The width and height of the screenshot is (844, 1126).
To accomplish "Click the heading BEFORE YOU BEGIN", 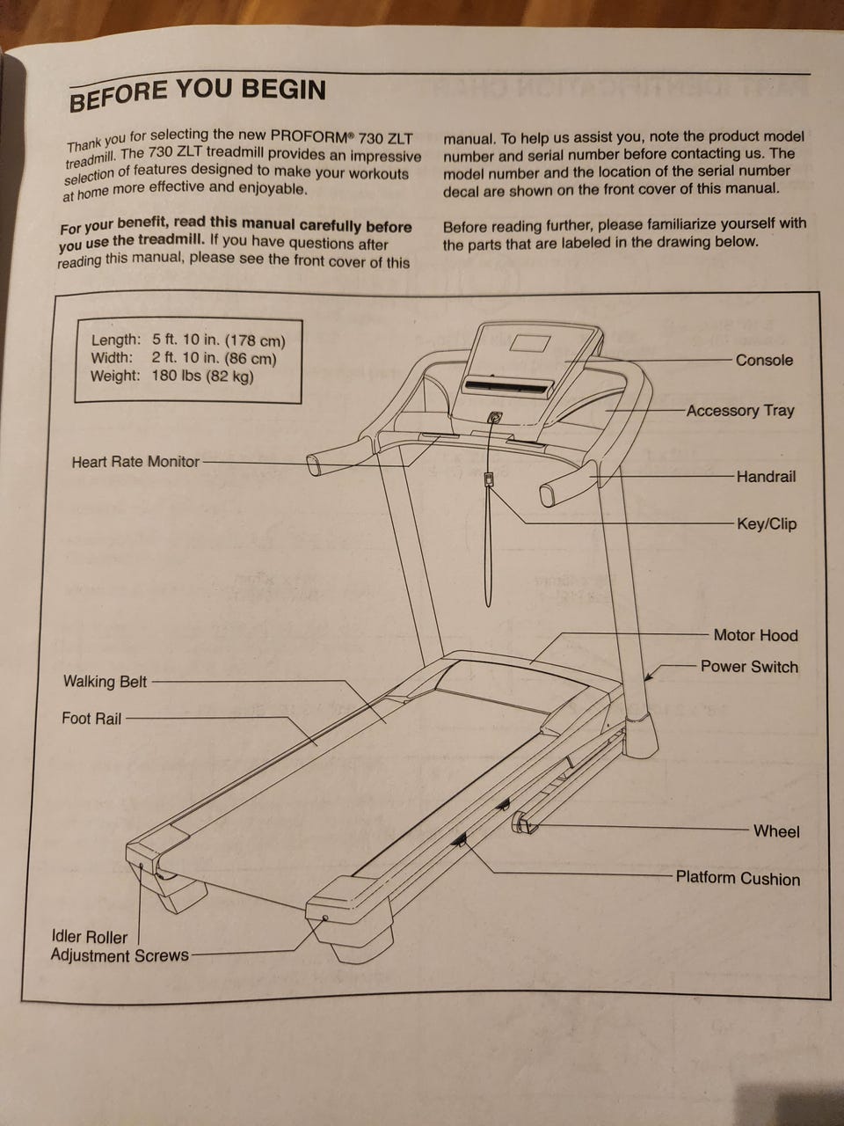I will tap(197, 93).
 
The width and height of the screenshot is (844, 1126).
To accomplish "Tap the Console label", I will tap(764, 360).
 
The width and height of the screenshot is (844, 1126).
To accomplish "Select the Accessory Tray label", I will tap(740, 411).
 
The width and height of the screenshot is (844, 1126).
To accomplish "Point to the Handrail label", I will tap(766, 477).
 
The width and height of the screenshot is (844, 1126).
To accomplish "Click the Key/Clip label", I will tap(767, 524).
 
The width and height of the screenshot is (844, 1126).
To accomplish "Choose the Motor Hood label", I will tap(755, 635).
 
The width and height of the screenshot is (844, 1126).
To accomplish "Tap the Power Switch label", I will tap(749, 667).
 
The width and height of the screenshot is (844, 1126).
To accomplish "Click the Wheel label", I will tap(776, 831).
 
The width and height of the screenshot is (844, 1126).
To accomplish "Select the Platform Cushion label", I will tap(738, 878).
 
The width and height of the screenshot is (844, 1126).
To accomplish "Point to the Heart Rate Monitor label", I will tap(135, 462).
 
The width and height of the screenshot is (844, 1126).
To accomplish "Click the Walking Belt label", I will tap(105, 682).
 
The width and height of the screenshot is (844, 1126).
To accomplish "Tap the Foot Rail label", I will tap(91, 719).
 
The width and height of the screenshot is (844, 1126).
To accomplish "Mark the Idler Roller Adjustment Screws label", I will tap(119, 947).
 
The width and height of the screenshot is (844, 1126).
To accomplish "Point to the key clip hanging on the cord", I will tap(489, 480).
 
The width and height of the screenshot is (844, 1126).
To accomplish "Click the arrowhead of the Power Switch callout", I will tap(649, 676).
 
